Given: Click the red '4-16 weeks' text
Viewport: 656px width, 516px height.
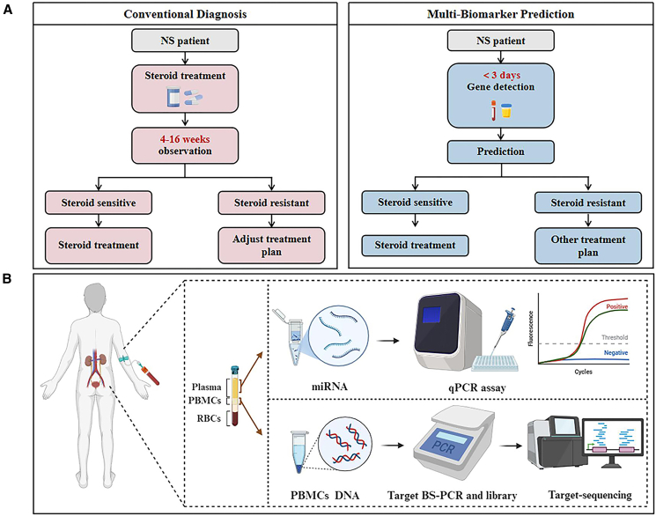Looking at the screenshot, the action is (x=185, y=139).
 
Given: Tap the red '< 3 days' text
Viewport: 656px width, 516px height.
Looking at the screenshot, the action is (x=502, y=76).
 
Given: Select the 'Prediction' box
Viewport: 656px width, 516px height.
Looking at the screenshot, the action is (x=501, y=151).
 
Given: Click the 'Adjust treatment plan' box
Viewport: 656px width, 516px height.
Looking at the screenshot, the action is (x=271, y=246).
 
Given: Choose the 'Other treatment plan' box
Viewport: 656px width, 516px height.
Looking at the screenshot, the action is (x=588, y=246).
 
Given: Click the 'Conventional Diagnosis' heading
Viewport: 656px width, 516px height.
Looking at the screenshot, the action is (x=185, y=14).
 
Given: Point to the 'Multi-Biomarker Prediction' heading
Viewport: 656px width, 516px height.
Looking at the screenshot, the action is (x=501, y=14).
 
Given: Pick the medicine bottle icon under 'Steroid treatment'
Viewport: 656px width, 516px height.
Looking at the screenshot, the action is (x=173, y=97).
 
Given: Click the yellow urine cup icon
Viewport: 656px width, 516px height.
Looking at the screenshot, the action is (x=506, y=110).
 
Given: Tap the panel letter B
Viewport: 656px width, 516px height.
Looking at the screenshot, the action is (x=8, y=279).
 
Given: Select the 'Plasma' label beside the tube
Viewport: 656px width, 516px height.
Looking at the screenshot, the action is (x=206, y=387).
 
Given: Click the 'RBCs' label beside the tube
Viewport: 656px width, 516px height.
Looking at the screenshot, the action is (x=209, y=418).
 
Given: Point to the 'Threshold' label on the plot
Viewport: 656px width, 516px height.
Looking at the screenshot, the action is (x=615, y=337).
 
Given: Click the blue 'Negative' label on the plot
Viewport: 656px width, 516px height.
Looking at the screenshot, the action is (x=615, y=353).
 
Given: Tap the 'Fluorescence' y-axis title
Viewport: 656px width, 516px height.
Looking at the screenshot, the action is (x=530, y=328).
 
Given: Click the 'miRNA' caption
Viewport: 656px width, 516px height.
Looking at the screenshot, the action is (x=329, y=387).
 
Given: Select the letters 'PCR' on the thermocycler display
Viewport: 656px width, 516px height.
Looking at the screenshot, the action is (x=444, y=448).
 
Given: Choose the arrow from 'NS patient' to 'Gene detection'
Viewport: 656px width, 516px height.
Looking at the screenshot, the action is (x=501, y=57).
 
